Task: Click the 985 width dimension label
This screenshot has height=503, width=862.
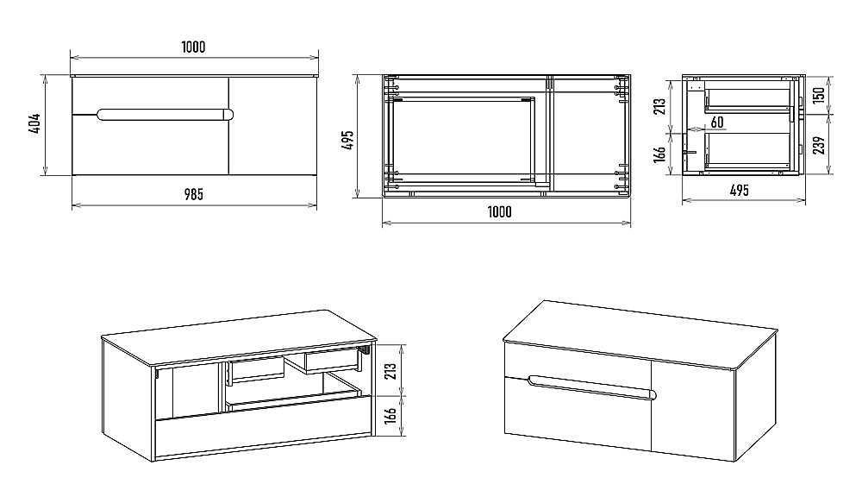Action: [x=193, y=194]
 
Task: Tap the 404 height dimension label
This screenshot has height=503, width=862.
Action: [x=34, y=124]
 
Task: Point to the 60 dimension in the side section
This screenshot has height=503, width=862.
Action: [x=717, y=123]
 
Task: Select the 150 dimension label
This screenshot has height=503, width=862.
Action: [x=819, y=95]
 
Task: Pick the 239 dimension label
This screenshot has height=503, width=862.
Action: [x=819, y=145]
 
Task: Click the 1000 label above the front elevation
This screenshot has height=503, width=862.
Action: [x=193, y=47]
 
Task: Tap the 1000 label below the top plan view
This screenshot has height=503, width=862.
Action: [x=499, y=212]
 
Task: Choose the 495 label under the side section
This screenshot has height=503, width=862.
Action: [x=740, y=191]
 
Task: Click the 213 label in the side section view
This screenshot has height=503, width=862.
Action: [x=660, y=106]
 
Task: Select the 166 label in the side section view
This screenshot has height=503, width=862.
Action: [x=660, y=154]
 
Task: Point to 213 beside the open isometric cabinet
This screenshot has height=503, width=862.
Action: [x=390, y=372]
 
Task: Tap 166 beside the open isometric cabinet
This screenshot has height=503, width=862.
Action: [x=390, y=417]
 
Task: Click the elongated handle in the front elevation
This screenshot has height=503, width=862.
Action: [x=165, y=115]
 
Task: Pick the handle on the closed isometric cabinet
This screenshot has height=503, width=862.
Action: [x=591, y=387]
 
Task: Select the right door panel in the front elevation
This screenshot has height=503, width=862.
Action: [x=272, y=126]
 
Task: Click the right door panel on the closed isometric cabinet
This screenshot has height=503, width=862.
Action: [x=693, y=410]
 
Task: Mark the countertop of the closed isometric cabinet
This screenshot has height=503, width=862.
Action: [x=641, y=334]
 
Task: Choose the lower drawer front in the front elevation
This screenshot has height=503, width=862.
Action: [x=150, y=145]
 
